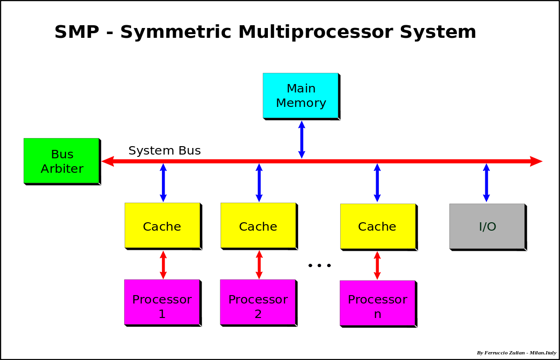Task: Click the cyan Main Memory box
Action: tap(300, 95)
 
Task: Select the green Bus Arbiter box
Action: tap(61, 160)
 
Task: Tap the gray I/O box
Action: tap(487, 226)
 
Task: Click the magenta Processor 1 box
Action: tap(161, 302)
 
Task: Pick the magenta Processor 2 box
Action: tap(258, 302)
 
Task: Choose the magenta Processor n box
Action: tap(377, 303)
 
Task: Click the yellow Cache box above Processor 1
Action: tap(162, 225)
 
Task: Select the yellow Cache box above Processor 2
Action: tap(258, 225)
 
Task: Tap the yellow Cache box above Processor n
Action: tap(378, 226)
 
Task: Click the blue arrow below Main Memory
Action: tap(301, 140)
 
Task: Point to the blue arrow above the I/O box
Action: tap(486, 183)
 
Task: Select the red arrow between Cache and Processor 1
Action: tap(163, 265)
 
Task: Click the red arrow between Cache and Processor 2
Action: tap(259, 265)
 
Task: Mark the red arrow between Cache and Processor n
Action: tap(377, 266)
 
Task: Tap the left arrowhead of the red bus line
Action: tap(108, 161)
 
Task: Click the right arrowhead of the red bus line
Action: tap(536, 161)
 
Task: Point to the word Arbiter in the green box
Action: tap(62, 169)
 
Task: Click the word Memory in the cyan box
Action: tap(301, 103)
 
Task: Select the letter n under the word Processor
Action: tap(378, 315)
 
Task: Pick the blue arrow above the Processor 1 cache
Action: tap(163, 183)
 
